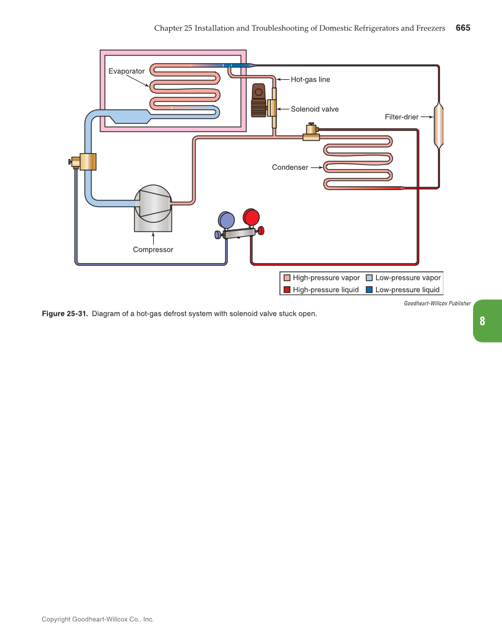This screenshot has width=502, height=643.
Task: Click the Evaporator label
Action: click(127, 71)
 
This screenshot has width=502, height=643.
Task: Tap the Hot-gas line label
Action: click(310, 79)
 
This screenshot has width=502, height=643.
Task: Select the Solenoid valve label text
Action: click(315, 109)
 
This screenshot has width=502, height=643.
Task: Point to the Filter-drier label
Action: click(401, 117)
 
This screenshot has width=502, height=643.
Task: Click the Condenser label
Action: click(290, 167)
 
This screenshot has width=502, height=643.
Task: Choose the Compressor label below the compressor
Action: click(153, 250)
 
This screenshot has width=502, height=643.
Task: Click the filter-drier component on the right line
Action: click(438, 126)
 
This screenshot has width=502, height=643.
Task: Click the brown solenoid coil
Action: click(258, 101)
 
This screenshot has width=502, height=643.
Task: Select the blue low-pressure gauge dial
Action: click(226, 221)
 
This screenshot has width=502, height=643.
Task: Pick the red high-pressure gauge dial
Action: click(251, 217)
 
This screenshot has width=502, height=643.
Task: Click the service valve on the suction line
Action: click(86, 161)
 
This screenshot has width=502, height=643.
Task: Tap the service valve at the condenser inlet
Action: click(311, 133)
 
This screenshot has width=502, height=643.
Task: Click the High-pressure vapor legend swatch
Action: click(287, 278)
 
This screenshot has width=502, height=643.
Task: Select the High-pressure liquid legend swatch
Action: click(287, 290)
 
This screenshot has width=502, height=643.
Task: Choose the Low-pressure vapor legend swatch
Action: click(369, 278)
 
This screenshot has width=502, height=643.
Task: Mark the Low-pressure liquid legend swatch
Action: click(369, 290)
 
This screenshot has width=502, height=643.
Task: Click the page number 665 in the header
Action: click(462, 28)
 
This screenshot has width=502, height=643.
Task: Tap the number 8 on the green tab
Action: click(482, 321)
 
